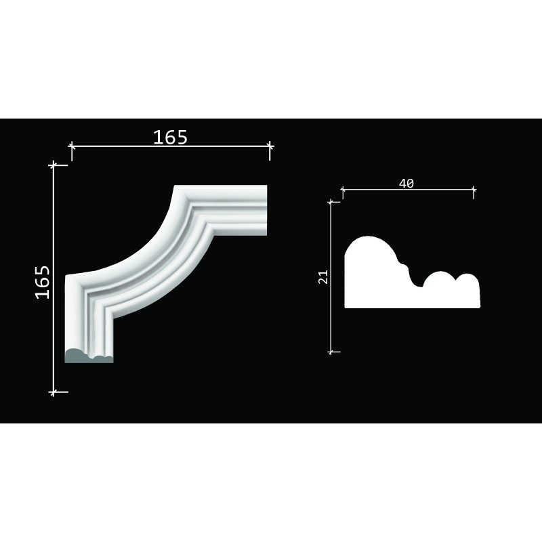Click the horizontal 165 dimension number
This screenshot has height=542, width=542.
coord(170,138)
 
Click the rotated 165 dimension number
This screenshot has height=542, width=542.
coord(43,282)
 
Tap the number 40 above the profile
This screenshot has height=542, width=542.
coord(406,183)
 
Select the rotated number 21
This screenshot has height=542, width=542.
coord(323,277)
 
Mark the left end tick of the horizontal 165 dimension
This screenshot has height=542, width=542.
coord(72,146)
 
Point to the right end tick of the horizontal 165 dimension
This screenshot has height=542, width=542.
coord(270,146)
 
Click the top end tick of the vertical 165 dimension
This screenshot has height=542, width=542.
coord(54,165)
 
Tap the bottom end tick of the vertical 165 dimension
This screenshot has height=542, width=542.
coord(54,392)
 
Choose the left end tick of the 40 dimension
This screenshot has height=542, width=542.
coord(343,190)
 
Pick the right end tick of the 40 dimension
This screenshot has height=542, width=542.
coord(474,190)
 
